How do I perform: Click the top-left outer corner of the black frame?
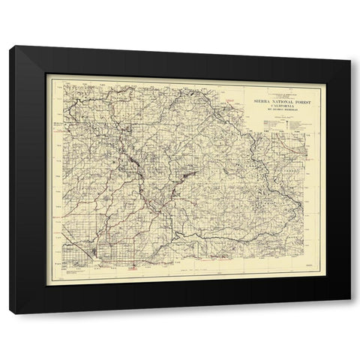click(10, 46)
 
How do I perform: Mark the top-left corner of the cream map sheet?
click(48, 75)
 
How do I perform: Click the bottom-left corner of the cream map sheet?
click(48, 283)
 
